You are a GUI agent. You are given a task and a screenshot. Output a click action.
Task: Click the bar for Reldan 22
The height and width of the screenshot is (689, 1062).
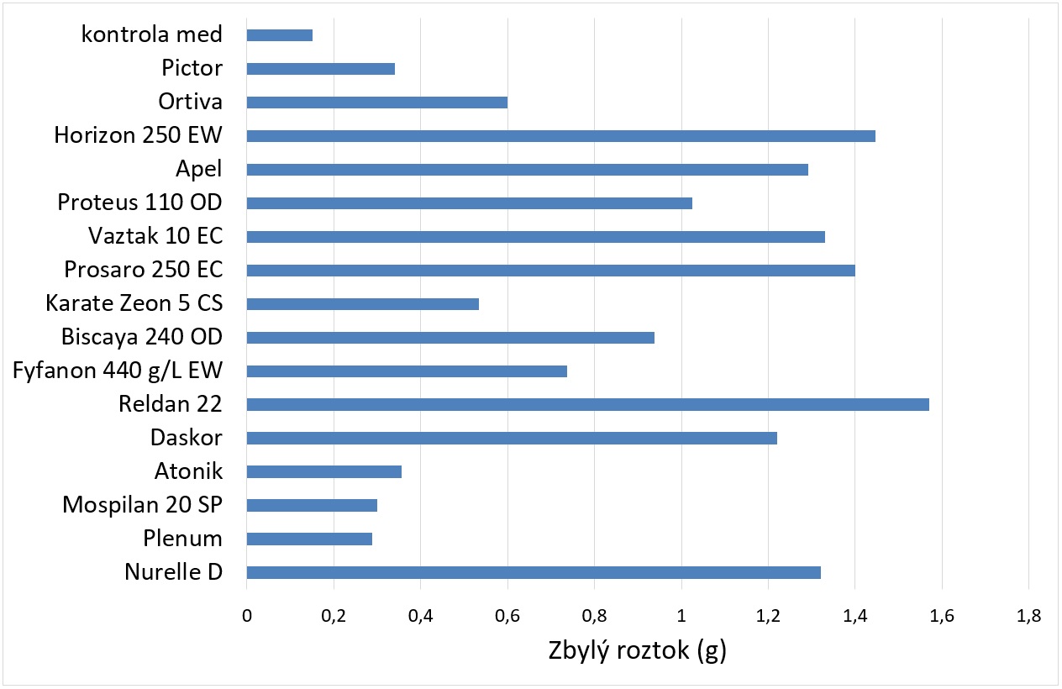(587, 404)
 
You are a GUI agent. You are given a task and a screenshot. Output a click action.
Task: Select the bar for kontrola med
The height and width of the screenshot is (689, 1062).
(279, 35)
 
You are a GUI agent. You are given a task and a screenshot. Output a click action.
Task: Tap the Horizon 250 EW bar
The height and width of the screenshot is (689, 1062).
(560, 136)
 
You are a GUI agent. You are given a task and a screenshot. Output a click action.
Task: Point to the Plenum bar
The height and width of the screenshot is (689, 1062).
(309, 539)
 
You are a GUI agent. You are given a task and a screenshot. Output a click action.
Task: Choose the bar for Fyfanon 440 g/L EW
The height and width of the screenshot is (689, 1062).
(407, 371)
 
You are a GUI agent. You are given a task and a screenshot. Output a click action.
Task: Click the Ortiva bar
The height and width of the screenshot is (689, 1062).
(376, 103)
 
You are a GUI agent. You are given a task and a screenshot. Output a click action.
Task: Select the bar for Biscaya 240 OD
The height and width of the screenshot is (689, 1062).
(450, 337)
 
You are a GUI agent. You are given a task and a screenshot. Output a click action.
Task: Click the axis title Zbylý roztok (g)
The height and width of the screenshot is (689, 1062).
(637, 651)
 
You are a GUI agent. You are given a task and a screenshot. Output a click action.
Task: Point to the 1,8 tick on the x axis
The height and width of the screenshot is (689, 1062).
(1028, 616)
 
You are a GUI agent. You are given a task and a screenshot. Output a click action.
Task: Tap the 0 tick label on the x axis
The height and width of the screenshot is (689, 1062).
(246, 616)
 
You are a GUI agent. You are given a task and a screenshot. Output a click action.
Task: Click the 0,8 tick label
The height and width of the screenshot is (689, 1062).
(594, 616)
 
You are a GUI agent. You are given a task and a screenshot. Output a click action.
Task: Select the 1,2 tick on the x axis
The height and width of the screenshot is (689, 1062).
(768, 616)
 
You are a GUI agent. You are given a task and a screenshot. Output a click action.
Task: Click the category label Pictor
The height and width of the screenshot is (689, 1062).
(192, 68)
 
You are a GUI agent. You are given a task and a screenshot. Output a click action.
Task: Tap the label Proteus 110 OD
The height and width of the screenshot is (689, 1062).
(139, 202)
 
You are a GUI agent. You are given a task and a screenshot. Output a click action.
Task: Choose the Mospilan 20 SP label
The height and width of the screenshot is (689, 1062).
(142, 505)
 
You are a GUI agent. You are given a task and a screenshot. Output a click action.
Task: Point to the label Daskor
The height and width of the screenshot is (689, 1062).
(186, 438)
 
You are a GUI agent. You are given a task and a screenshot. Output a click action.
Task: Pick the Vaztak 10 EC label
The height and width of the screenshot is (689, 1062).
(155, 236)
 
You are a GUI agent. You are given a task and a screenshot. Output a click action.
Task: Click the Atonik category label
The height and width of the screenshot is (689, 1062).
(188, 471)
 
